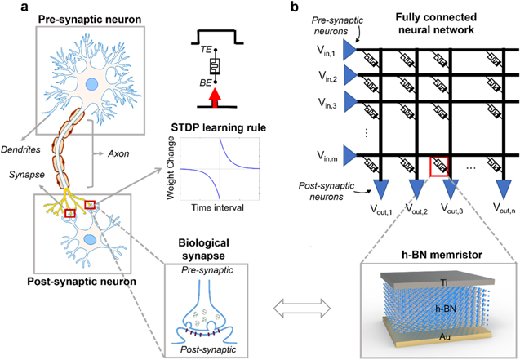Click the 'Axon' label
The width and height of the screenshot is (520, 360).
[x=122, y=151]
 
